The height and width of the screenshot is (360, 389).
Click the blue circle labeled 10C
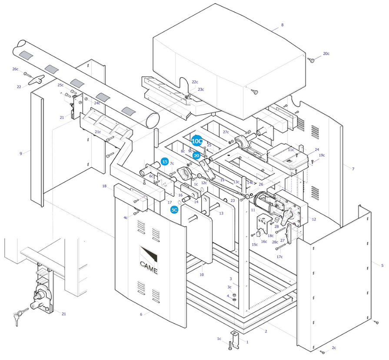point(197,141)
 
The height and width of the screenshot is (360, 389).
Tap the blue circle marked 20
point(196,155)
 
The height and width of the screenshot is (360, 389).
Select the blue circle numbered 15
point(165,162)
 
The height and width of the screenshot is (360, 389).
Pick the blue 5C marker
point(174,210)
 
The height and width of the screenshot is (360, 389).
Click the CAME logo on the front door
point(148,260)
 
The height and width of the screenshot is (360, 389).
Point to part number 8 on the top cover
point(283,25)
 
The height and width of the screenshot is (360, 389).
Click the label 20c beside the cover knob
point(326,53)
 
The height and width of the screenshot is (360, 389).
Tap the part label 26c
point(15,69)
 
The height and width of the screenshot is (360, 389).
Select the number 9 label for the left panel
point(21,153)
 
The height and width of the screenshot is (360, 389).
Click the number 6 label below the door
point(141,314)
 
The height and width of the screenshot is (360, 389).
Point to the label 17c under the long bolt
point(279,257)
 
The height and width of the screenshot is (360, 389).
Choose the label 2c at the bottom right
point(334,347)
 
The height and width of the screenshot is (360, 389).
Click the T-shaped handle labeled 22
point(36,79)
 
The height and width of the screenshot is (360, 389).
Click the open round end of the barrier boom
point(152,120)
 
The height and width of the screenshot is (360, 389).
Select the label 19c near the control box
point(322,155)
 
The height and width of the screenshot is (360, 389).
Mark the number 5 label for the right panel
point(382,265)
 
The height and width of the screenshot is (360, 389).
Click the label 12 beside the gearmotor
point(314,219)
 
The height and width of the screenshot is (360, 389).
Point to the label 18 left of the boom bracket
point(104,186)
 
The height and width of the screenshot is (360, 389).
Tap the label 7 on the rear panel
point(353,169)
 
